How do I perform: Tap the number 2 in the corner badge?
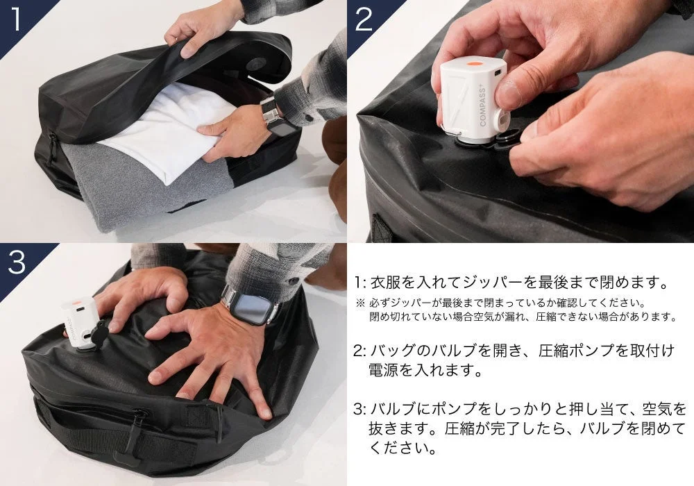click(x=364, y=20)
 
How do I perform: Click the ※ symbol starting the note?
click(x=359, y=303)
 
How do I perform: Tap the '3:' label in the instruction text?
click(x=359, y=408)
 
